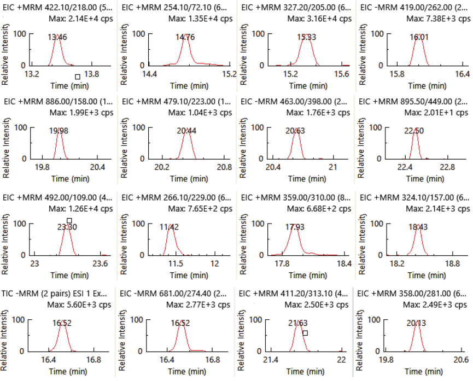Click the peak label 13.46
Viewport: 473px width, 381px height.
[x=57, y=37]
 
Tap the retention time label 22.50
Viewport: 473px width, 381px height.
[x=414, y=131]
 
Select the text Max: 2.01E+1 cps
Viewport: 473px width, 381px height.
[x=435, y=113]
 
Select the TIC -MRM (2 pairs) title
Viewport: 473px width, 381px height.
[x=57, y=292]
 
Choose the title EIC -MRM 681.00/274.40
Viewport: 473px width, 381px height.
[x=175, y=292]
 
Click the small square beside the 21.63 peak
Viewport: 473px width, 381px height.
[x=305, y=333]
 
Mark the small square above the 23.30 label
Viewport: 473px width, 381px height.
[x=69, y=221]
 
